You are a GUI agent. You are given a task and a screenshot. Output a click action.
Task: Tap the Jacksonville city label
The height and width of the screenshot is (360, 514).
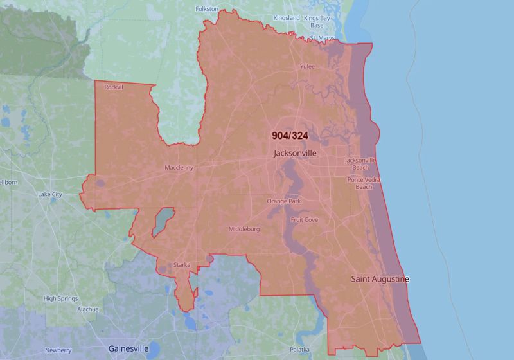tap(295, 154)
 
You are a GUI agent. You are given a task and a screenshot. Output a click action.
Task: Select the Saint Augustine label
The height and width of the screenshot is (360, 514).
tap(380, 279)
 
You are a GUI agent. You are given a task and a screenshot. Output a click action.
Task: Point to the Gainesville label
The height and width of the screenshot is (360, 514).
tap(128, 348)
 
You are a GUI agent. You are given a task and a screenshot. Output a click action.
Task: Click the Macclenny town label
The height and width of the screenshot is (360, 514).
tap(180, 168)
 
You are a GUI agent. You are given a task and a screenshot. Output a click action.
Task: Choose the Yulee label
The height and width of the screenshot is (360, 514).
tap(308, 66)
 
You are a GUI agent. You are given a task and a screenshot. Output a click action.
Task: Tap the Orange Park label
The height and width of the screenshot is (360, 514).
tap(283, 201)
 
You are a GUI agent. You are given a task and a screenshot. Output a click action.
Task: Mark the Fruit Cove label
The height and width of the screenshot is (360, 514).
tap(304, 219)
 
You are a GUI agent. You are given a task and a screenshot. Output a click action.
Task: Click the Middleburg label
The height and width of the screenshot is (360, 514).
tap(244, 229)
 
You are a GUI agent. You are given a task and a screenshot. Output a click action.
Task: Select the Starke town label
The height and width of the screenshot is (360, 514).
tap(182, 265)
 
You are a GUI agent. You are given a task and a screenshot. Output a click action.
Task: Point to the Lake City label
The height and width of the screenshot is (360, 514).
tap(49, 194)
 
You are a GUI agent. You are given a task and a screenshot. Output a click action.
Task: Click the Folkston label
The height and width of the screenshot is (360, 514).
tap(207, 9)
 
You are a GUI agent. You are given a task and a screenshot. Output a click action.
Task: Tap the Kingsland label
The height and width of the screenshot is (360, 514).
tap(287, 18)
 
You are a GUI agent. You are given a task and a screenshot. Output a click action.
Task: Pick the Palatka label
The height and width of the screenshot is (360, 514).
tap(299, 349)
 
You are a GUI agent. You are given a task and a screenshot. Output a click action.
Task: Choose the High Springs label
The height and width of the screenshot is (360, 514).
tap(60, 298)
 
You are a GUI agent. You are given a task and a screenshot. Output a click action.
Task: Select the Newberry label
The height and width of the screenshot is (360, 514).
tap(58, 350)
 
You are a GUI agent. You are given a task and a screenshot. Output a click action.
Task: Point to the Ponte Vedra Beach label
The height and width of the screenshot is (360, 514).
tap(364, 183)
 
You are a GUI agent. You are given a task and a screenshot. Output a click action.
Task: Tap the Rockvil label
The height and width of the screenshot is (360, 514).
tap(113, 87)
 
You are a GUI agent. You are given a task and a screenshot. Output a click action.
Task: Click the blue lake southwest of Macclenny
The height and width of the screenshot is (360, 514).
tap(163, 221)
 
